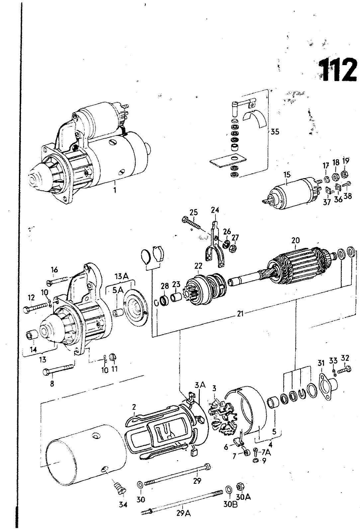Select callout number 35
click(275, 132)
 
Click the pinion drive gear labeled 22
click(206, 290)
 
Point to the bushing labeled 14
click(32, 335)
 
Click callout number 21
click(240, 314)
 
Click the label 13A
click(122, 276)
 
